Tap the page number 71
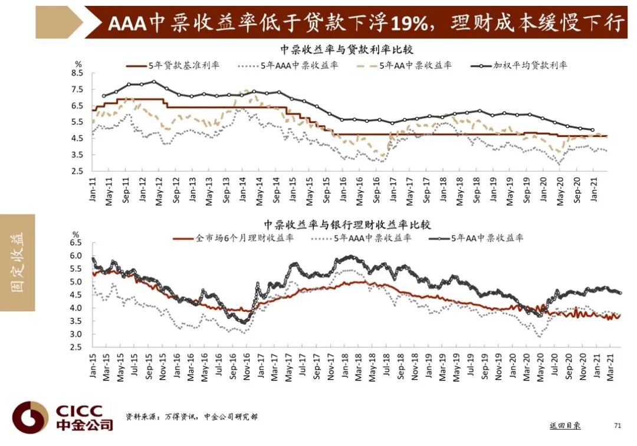pyautogui.click(x=618, y=425)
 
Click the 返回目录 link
pyautogui.click(x=564, y=425)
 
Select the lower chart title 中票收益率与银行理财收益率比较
pyautogui.click(x=347, y=224)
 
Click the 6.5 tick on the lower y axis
pyautogui.click(x=76, y=243)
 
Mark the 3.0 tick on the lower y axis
pyautogui.click(x=76, y=334)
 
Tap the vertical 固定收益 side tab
pyautogui.click(x=18, y=262)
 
